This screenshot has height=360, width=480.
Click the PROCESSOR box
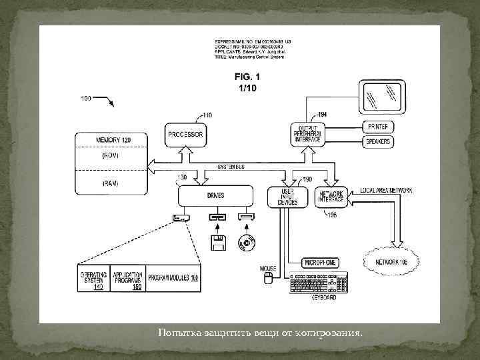coord(185,135)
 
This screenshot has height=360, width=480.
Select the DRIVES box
coord(215,195)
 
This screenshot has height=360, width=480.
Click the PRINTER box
coord(377,127)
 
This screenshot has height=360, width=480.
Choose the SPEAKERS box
coord(377,141)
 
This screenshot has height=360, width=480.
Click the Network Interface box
coord(331,197)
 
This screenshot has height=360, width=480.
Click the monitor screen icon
coord(381,97)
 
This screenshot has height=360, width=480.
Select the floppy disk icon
coord(216,243)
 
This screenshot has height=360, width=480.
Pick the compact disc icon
coord(247,243)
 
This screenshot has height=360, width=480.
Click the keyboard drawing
coord(319,283)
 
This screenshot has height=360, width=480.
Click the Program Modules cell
coord(173,277)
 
